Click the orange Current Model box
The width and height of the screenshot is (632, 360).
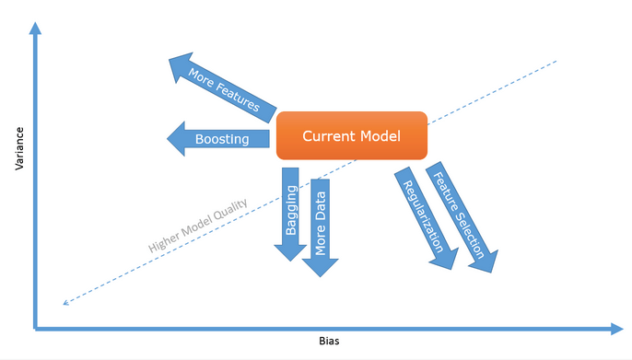pyautogui.click(x=352, y=136)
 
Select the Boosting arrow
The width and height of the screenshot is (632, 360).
pyautogui.click(x=221, y=140)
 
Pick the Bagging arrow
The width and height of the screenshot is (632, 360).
pyautogui.click(x=291, y=212)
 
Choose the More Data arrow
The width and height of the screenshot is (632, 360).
pyautogui.click(x=321, y=226)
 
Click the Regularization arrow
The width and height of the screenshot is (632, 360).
pyautogui.click(x=425, y=217)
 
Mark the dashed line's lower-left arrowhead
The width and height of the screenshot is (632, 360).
pyautogui.click(x=62, y=303)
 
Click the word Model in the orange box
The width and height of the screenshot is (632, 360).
pyautogui.click(x=379, y=136)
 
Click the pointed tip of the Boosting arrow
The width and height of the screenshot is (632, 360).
pyautogui.click(x=169, y=140)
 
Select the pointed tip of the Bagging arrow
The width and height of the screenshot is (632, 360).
pyautogui.click(x=291, y=260)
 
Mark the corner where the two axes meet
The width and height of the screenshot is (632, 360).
pyautogui.click(x=35, y=327)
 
